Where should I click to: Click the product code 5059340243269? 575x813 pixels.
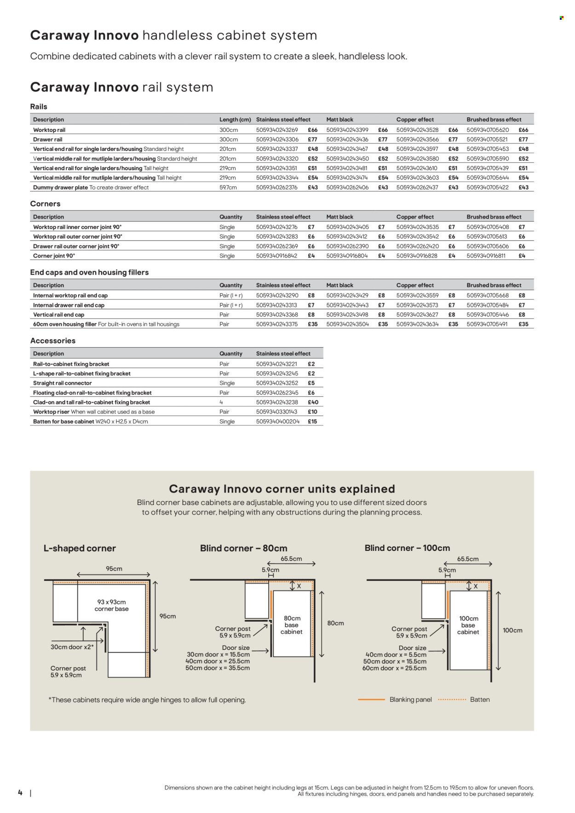277,130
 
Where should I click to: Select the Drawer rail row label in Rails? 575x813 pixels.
48,139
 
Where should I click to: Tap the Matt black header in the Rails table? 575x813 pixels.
339,120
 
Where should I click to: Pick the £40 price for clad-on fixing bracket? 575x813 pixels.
313,402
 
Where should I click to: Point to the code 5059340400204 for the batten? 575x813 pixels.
277,422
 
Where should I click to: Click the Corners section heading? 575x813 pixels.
45,204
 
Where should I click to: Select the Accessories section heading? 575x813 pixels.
53,341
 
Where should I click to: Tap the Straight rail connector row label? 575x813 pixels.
63,383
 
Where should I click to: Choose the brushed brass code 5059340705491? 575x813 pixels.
487,324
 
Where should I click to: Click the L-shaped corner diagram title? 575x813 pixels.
80,549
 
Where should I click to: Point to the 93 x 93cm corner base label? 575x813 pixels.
111,605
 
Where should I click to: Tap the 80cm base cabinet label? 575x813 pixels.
292,625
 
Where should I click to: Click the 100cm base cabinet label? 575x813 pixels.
468,625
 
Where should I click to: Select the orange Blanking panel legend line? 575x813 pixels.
371,699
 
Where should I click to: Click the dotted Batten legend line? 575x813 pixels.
452,699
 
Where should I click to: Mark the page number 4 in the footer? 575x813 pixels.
20,792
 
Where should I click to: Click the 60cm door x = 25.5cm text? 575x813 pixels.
394,668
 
